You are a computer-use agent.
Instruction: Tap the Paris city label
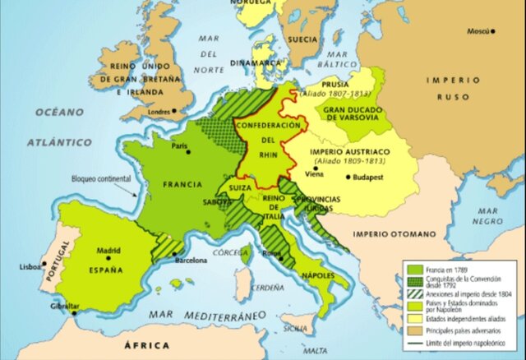pyautogui.click(x=179, y=146)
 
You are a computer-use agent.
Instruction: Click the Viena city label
pyautogui.click(x=315, y=175)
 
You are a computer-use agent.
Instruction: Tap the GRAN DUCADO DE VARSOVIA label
pyautogui.click(x=351, y=113)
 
